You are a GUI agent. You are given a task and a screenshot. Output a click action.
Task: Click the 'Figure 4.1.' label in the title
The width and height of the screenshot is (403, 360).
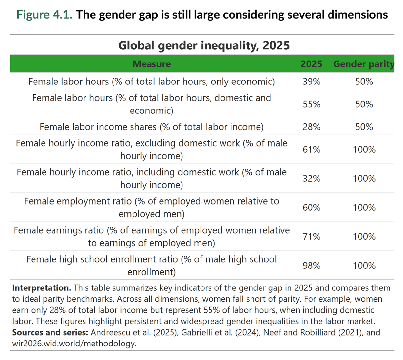coord(44,15)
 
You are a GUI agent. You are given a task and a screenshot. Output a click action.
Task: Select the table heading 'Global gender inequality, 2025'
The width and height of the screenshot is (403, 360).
coord(204,45)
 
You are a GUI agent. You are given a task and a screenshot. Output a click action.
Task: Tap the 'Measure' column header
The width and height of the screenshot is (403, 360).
coord(152,64)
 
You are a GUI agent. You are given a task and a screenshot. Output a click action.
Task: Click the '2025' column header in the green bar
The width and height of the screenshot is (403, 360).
coord(311,64)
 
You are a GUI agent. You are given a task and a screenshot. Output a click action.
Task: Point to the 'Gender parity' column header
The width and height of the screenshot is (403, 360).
coord(363,64)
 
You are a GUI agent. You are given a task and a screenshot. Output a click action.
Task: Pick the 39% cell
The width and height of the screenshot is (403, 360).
coord(311,82)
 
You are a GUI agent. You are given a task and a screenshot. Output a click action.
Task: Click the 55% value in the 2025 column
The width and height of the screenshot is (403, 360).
coord(311,104)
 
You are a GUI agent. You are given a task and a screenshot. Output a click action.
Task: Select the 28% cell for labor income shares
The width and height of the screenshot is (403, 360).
coord(311,127)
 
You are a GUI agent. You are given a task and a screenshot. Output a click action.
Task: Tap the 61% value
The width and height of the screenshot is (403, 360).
coord(311,150)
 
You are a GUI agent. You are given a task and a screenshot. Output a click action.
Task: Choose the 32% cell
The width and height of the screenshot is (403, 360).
coord(311,179)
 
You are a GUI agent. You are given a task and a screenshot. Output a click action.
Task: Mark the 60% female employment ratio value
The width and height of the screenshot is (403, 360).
coord(311,208)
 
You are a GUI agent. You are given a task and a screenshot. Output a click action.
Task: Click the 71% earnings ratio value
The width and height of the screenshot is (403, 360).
coord(311,237)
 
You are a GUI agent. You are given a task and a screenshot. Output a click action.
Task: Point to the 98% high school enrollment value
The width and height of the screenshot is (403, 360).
coord(311,266)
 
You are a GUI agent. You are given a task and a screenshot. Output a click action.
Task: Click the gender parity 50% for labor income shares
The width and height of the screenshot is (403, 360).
coord(364,127)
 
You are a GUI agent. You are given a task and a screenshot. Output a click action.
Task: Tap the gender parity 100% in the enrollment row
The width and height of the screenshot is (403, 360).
coord(364,266)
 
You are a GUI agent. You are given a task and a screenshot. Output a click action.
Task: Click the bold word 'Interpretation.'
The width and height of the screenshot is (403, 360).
coord(41,288)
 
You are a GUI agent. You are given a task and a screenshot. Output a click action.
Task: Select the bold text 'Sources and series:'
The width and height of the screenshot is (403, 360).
coord(50,332)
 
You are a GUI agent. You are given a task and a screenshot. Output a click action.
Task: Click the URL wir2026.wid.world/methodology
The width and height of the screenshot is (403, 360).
coord(74,343)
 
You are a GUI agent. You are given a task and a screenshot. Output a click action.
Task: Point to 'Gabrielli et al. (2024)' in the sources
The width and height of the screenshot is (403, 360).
coord(220,332)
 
